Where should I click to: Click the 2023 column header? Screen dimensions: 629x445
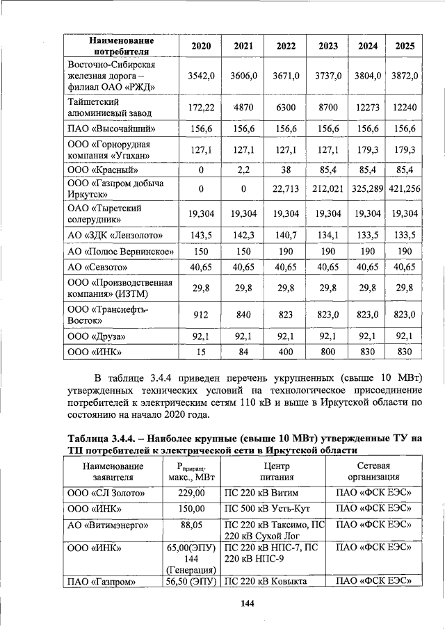click(328, 46)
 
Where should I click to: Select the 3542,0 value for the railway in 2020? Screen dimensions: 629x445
click(201, 74)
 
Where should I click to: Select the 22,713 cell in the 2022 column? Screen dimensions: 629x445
click(286, 188)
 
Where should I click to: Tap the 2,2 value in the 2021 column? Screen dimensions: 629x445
click(243, 170)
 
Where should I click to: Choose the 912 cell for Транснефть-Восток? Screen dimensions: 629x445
click(201, 315)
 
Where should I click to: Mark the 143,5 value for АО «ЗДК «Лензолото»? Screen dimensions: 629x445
click(201, 234)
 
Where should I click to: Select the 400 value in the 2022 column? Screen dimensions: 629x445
click(286, 352)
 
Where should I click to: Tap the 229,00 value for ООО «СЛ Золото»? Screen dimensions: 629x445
click(191, 493)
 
